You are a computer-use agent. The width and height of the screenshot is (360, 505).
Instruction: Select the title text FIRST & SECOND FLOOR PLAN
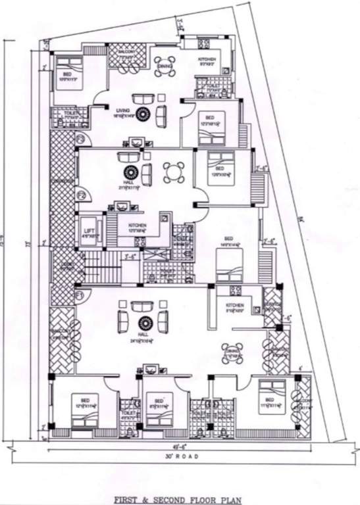(180, 489)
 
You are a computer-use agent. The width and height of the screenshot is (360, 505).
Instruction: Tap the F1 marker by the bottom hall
(80, 296)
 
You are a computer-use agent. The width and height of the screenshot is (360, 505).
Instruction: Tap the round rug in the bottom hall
(143, 322)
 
